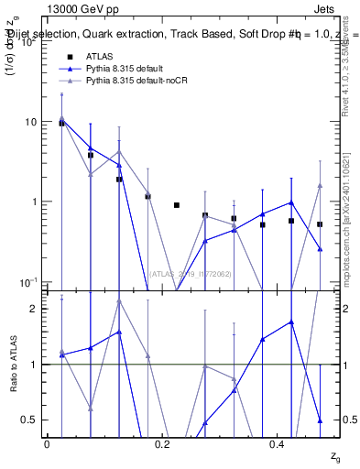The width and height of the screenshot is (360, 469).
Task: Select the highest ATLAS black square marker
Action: click(61, 123)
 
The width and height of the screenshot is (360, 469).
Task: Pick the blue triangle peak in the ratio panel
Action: click(291, 322)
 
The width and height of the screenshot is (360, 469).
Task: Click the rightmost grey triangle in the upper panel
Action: click(320, 185)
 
